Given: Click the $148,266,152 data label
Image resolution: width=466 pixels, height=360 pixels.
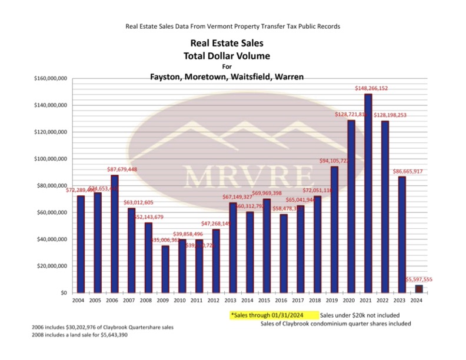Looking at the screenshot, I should [x=371, y=88].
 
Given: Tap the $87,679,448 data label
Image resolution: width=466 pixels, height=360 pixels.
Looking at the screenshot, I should [x=122, y=169].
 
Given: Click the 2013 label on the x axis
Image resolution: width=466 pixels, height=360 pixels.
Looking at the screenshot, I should [x=232, y=301].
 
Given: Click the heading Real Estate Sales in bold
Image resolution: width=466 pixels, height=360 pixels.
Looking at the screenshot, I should [x=227, y=43].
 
